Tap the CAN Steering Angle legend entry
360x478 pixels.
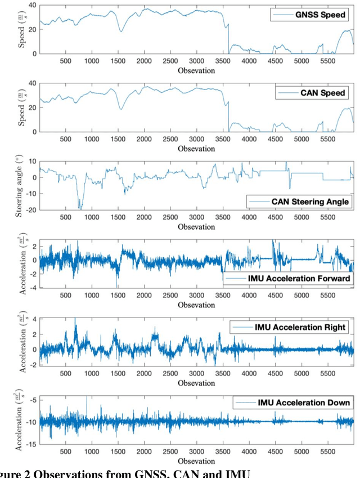pos(301,201)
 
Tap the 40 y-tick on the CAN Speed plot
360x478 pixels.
pos(31,83)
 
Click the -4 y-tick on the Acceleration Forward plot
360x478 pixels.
pos(33,287)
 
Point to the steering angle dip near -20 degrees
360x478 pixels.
pos(80,207)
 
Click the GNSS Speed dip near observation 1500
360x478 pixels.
pos(120,31)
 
